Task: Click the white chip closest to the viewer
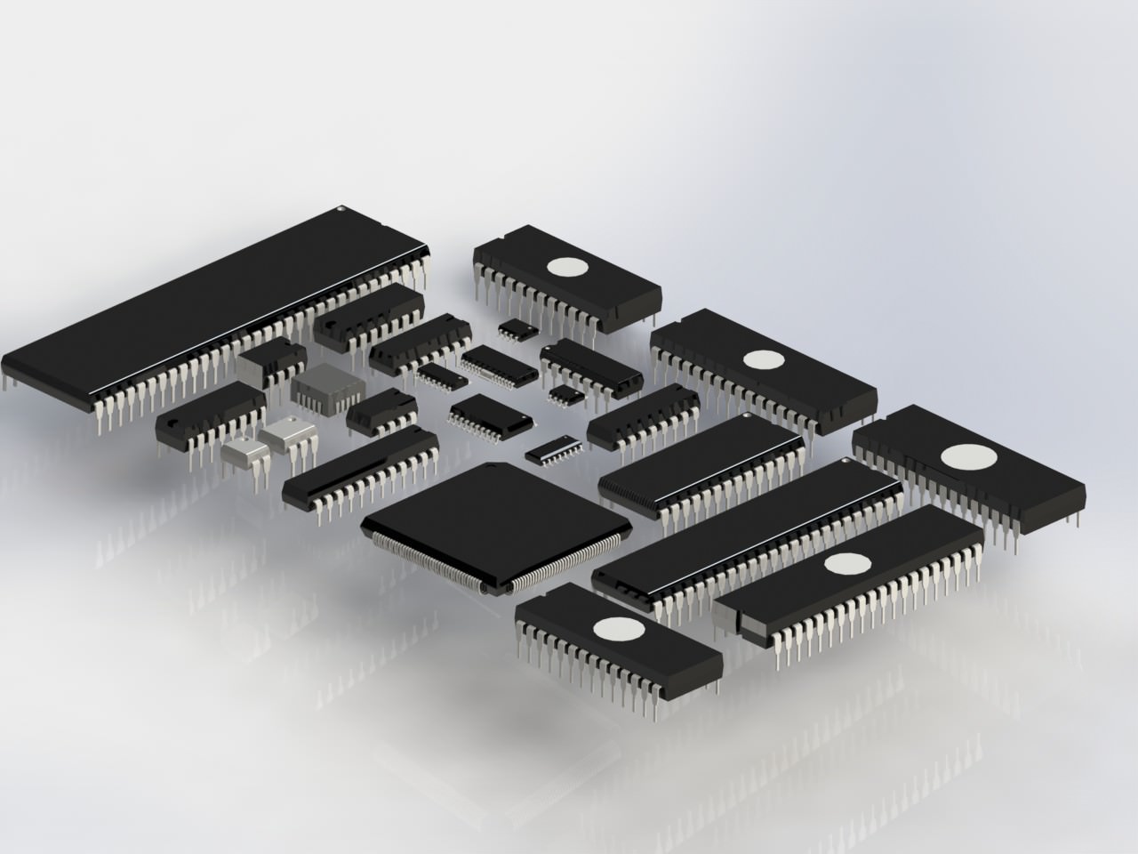[x=243, y=452]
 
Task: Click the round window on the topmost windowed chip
[x=566, y=266]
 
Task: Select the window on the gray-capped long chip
[x=847, y=564]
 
